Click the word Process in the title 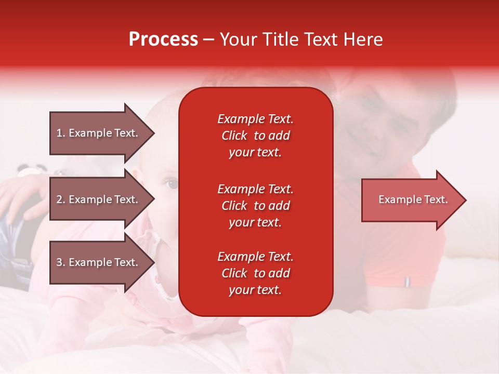[x=163, y=39]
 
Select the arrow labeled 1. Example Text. [x=99, y=133]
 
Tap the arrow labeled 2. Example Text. [x=99, y=199]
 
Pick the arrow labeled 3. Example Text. [x=99, y=262]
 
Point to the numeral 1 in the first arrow [x=59, y=133]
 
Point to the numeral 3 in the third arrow [x=59, y=262]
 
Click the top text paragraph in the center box [x=255, y=136]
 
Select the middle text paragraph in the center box [x=255, y=206]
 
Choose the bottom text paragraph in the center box [x=255, y=273]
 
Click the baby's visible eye [x=171, y=183]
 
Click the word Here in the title [x=363, y=39]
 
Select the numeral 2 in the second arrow [x=59, y=199]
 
